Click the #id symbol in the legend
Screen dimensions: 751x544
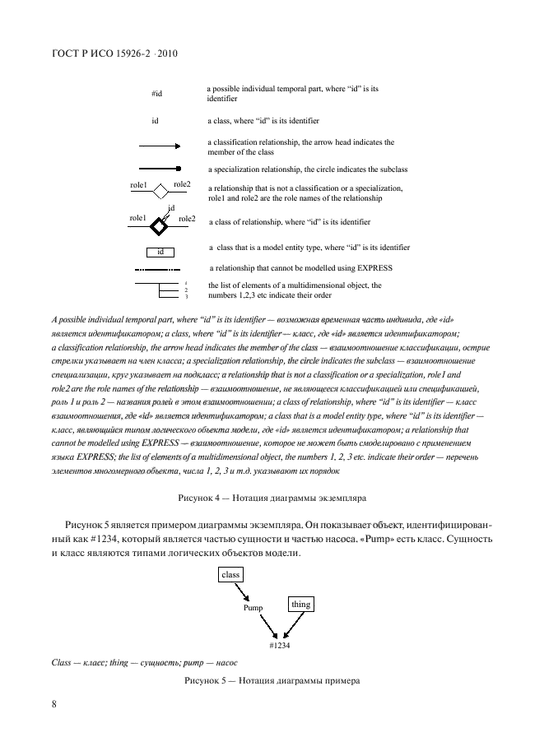(x=157, y=94)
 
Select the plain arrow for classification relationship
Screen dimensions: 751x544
(x=159, y=146)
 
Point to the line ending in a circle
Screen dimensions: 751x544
(x=159, y=169)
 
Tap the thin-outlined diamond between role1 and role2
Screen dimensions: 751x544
(x=160, y=192)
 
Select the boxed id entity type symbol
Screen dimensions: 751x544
(x=161, y=251)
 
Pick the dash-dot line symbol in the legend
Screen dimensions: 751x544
(x=156, y=269)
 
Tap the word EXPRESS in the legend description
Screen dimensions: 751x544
(x=374, y=268)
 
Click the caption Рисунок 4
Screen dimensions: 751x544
(x=272, y=497)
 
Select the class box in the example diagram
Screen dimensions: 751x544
(x=230, y=575)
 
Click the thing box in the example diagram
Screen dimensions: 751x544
(x=300, y=605)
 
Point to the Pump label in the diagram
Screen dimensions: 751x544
(x=253, y=609)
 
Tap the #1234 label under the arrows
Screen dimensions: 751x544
(x=280, y=646)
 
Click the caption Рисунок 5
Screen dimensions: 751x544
(x=272, y=681)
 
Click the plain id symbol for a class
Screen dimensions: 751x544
(x=155, y=120)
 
